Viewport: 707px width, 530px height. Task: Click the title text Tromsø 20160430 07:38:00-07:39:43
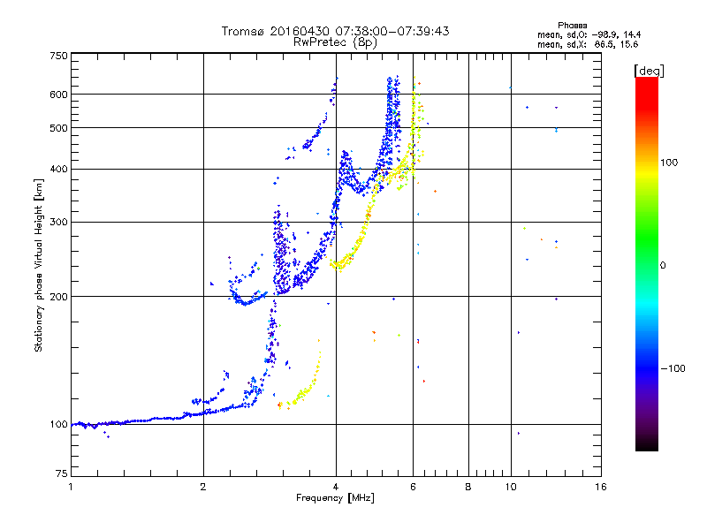point(335,31)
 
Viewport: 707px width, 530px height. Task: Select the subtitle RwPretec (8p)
point(336,42)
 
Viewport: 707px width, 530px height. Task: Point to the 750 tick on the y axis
point(59,56)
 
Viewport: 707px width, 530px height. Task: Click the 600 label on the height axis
point(59,94)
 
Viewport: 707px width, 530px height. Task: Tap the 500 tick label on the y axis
point(59,128)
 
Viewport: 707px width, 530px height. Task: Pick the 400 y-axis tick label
point(59,169)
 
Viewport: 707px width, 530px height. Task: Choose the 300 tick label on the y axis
point(59,222)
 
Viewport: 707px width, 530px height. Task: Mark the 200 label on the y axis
point(59,296)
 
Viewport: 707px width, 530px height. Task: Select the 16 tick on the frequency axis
point(600,487)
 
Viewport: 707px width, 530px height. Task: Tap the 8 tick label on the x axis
point(468,487)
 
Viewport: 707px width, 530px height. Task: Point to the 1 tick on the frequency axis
point(71,487)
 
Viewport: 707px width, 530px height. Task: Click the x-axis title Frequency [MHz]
point(335,498)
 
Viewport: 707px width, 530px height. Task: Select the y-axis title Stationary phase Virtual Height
point(39,265)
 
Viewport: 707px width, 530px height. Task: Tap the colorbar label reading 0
point(663,265)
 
